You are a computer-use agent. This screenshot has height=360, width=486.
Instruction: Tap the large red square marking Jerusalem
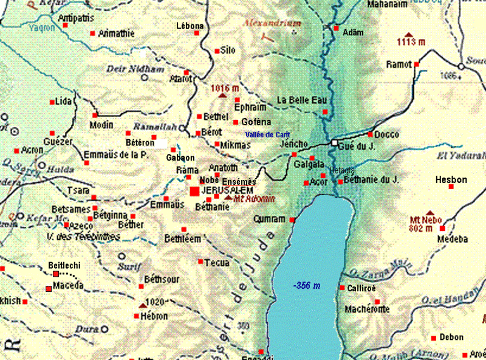pyautogui.click(x=194, y=192)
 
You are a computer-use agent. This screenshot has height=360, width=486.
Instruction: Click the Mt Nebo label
pyautogui.click(x=425, y=220)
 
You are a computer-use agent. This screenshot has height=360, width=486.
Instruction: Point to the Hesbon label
pyautogui.click(x=451, y=180)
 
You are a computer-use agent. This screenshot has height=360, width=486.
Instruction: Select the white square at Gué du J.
pyautogui.click(x=334, y=142)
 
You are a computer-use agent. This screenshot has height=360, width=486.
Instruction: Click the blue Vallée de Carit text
pyautogui.click(x=267, y=134)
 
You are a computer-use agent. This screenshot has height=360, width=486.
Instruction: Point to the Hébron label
pyautogui.click(x=154, y=316)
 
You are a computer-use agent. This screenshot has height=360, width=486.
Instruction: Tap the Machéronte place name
pyautogui.click(x=367, y=310)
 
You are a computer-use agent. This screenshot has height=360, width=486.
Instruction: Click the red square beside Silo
pyautogui.click(x=217, y=50)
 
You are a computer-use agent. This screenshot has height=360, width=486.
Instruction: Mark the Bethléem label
pyautogui.click(x=182, y=239)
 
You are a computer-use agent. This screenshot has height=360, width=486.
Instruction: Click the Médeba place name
pyautogui.click(x=452, y=239)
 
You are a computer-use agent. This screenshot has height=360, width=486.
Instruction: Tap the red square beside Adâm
pyautogui.click(x=336, y=28)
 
